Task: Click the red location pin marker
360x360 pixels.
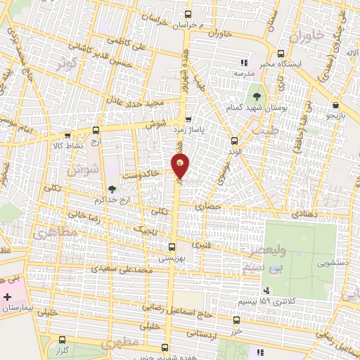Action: point(180,167)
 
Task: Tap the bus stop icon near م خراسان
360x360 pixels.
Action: point(187,14)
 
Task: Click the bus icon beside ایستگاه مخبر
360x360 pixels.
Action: point(281,53)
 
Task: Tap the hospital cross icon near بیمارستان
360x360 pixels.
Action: point(8,297)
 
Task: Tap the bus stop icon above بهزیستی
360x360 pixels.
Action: point(172,247)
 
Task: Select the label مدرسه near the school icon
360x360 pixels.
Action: point(243,73)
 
